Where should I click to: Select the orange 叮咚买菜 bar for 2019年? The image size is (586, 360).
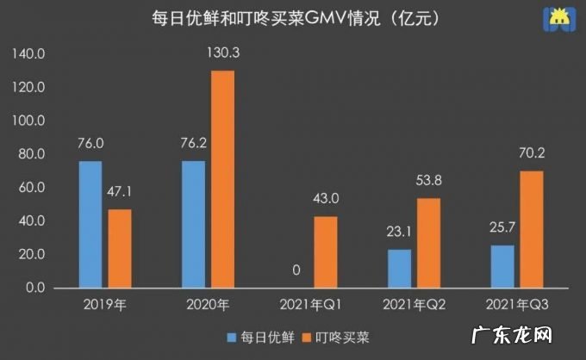120,248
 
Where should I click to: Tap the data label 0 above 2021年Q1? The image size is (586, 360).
296,270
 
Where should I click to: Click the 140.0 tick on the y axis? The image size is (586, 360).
30,54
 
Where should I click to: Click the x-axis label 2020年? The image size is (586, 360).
208,304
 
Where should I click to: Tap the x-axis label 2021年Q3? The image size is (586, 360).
517,304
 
